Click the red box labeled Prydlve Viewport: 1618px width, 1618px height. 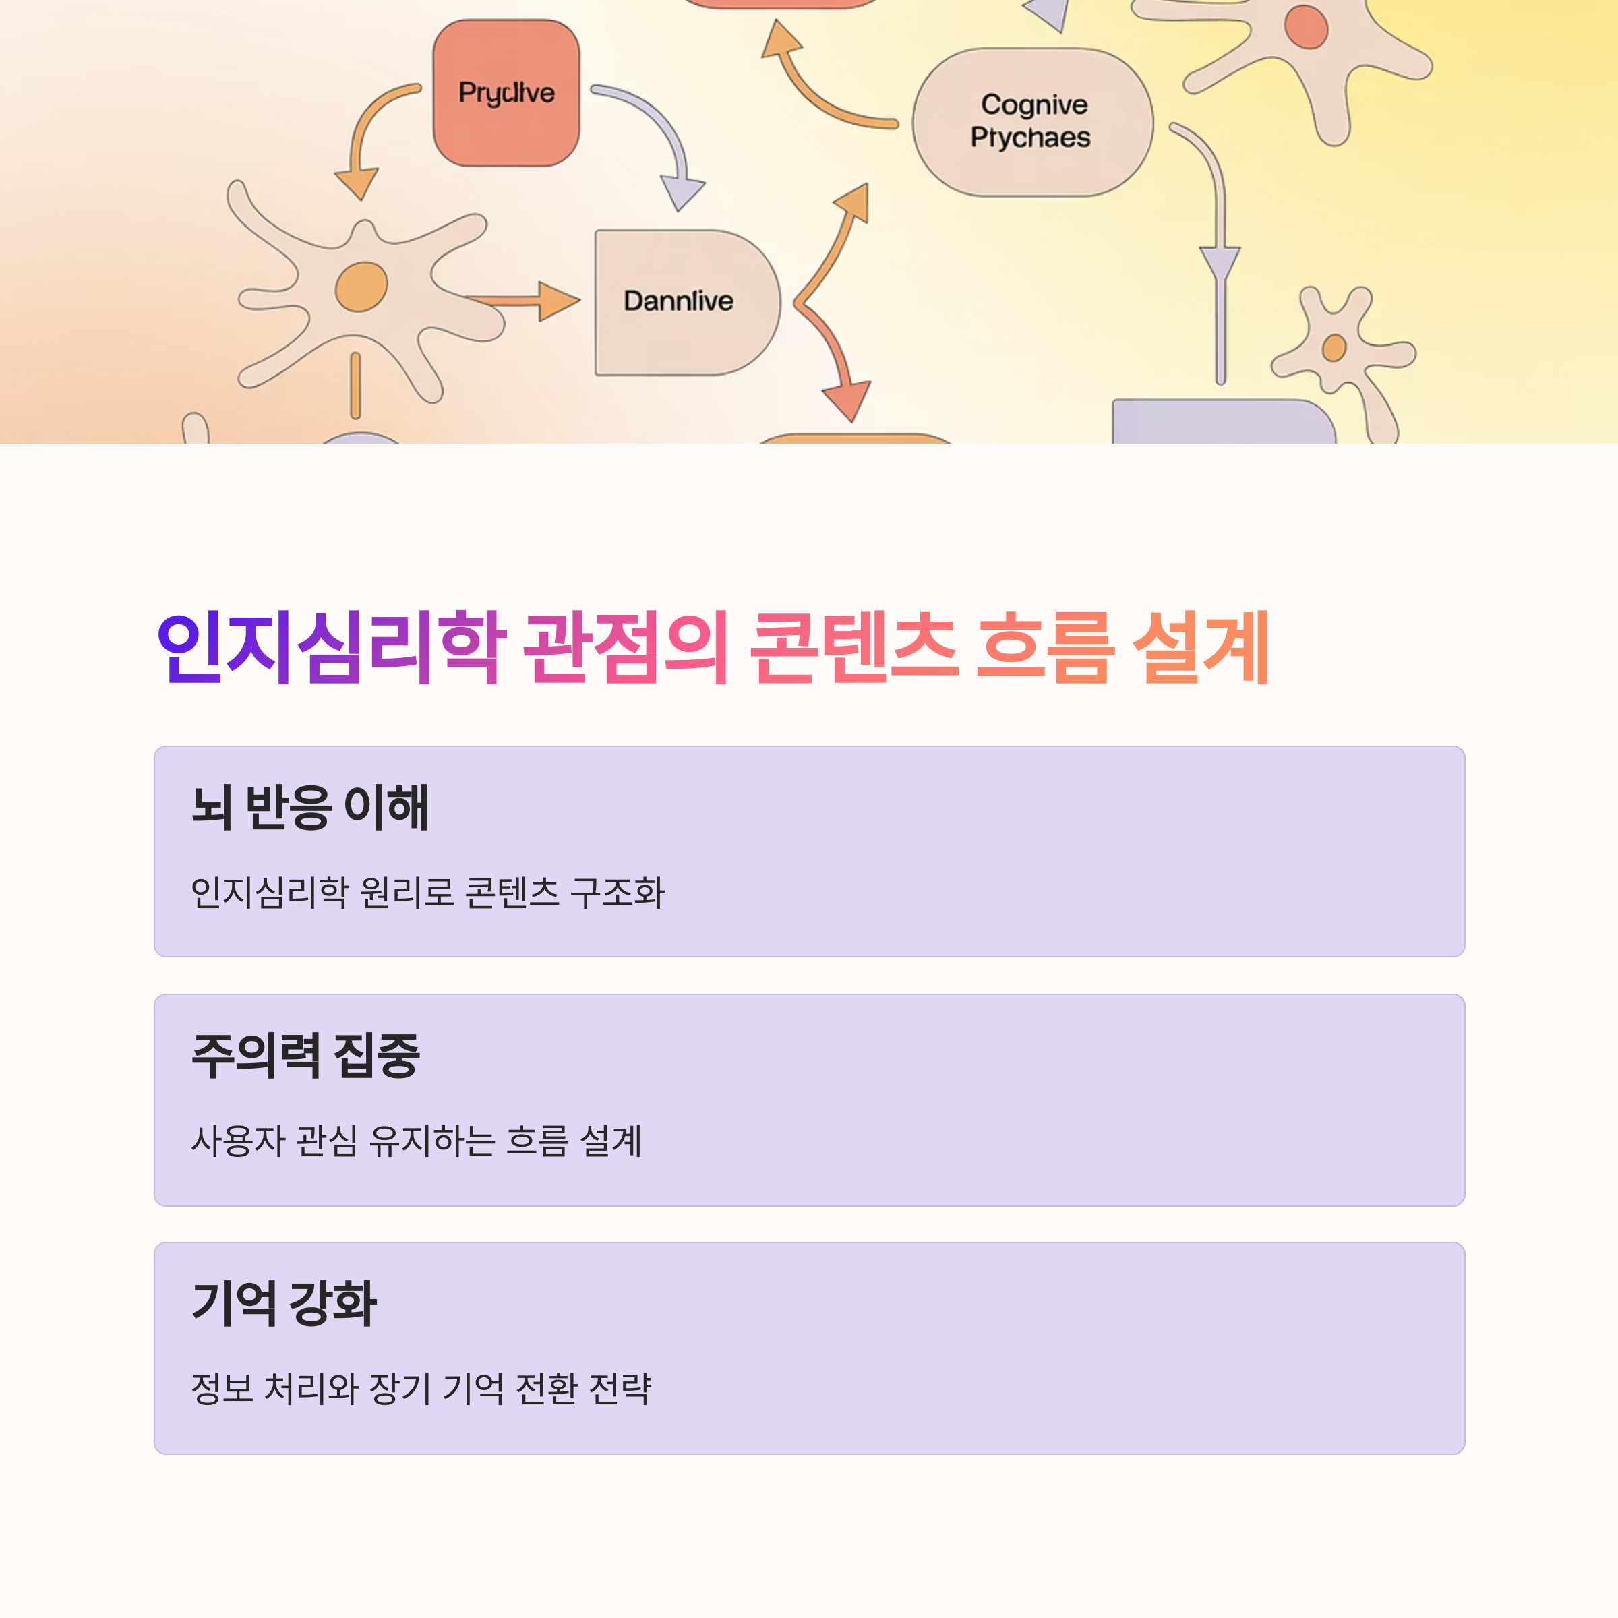point(506,93)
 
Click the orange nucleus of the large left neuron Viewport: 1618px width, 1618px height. point(361,287)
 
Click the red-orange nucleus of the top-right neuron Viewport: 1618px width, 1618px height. point(1306,26)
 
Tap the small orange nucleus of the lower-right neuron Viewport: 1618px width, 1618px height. point(1334,347)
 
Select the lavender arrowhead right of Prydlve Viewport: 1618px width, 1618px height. point(682,191)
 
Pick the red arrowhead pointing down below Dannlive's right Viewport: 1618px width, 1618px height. point(847,400)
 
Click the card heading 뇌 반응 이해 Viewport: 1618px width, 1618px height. point(310,808)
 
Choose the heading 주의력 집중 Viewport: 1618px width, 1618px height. point(305,1055)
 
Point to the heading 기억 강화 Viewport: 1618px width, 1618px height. point(284,1303)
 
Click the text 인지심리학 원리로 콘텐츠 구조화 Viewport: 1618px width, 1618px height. point(427,892)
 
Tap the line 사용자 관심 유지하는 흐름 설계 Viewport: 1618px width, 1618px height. point(416,1140)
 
